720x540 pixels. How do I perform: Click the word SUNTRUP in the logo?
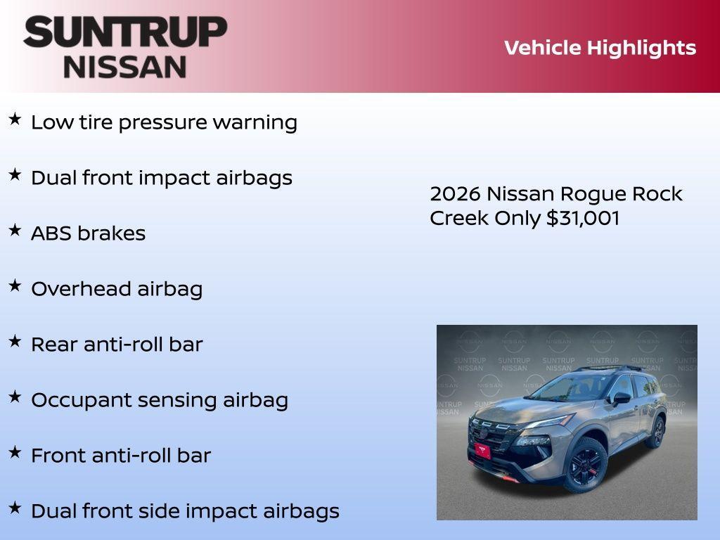coord(125,32)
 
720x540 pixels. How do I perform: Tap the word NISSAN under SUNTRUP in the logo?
coord(125,66)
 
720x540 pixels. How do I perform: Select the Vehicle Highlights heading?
coord(600,48)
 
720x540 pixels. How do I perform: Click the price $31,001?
coord(583,218)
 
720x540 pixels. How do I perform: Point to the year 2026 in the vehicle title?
coord(455,194)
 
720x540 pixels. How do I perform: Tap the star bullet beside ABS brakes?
coord(15,230)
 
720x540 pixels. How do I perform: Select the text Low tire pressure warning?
coord(164,122)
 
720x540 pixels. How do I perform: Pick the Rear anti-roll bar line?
coord(117,345)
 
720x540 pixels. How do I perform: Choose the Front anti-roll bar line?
coord(120,456)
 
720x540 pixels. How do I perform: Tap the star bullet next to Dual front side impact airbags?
coord(15,508)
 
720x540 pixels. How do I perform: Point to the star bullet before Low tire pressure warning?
coord(15,119)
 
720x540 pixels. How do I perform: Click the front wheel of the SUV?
coord(585,465)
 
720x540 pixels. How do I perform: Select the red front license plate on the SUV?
coord(482,451)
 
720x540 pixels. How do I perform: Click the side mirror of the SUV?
coord(622,399)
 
